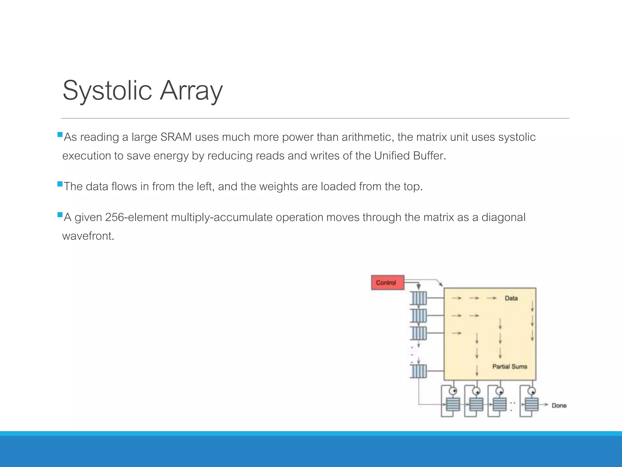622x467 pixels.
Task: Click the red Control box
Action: point(388,282)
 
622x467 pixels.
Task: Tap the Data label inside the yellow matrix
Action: point(511,298)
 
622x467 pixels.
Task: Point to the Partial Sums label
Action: point(510,367)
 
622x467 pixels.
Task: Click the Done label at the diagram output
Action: point(559,406)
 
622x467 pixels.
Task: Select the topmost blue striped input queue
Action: point(419,298)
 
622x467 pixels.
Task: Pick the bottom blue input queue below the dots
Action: point(419,371)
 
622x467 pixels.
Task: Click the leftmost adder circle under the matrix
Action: point(453,391)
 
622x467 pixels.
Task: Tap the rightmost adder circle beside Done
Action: point(531,391)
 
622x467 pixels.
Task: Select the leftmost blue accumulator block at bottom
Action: point(453,405)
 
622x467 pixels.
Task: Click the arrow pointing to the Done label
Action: point(545,405)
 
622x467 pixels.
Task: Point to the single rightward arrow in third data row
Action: point(456,334)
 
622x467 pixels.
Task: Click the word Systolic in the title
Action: point(107,90)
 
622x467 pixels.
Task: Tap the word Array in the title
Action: point(191,90)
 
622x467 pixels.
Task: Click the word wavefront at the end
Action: point(88,236)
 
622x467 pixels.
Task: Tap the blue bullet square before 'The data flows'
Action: point(60,184)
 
